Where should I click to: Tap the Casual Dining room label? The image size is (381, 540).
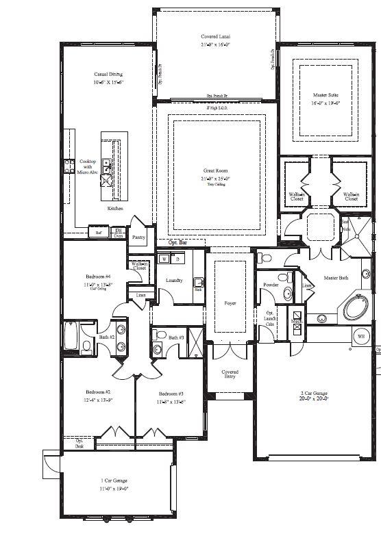point(108,74)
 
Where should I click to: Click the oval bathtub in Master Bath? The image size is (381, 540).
point(356,308)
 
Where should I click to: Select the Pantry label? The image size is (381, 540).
point(139,237)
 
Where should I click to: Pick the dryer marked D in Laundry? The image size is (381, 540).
point(178,259)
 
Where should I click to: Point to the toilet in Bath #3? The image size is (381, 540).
point(158,348)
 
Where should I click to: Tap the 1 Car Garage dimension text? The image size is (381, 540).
point(114,489)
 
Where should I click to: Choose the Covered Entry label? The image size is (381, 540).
point(230,375)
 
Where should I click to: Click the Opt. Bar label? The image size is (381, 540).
point(177,243)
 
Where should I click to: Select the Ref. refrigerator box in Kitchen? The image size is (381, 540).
point(99,233)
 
